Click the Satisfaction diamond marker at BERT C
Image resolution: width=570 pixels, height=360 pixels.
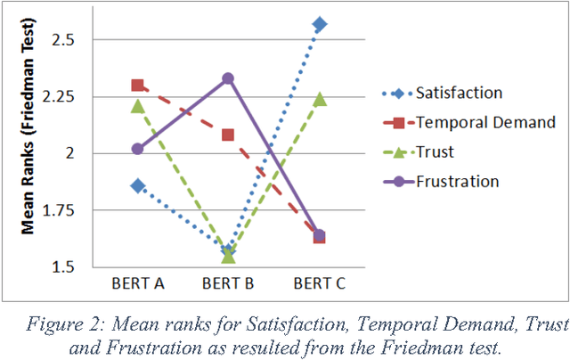(x=320, y=24)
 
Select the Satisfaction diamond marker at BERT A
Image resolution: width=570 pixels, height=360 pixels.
(x=137, y=185)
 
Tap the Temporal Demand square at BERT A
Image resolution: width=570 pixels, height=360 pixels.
(x=137, y=86)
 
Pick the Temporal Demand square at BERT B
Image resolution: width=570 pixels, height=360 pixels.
(x=229, y=135)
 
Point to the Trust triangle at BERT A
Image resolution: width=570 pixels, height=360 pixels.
(x=137, y=106)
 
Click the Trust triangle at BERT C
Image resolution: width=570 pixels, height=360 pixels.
(x=320, y=99)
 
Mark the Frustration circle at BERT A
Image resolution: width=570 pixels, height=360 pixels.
(x=137, y=149)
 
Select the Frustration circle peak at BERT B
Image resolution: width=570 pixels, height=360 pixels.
(x=229, y=78)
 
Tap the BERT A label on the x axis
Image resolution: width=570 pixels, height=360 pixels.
(x=137, y=283)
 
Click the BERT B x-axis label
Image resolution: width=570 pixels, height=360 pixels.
(x=229, y=283)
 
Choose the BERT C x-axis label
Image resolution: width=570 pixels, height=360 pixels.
(x=320, y=283)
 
